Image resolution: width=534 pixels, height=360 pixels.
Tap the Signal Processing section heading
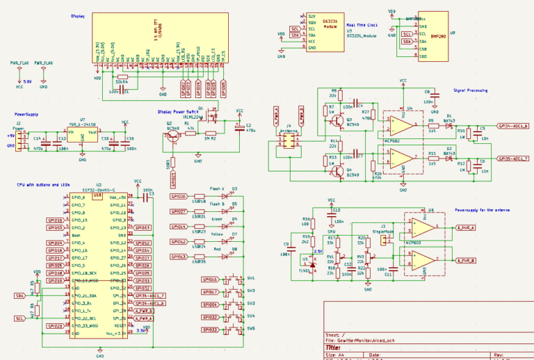pyautogui.click(x=470, y=90)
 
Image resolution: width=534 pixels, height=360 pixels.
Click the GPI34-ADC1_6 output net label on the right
pyautogui.click(x=513, y=126)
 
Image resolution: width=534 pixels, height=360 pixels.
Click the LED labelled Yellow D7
pyautogui.click(x=224, y=242)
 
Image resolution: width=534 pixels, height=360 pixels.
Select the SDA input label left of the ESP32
pyautogui.click(x=19, y=295)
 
